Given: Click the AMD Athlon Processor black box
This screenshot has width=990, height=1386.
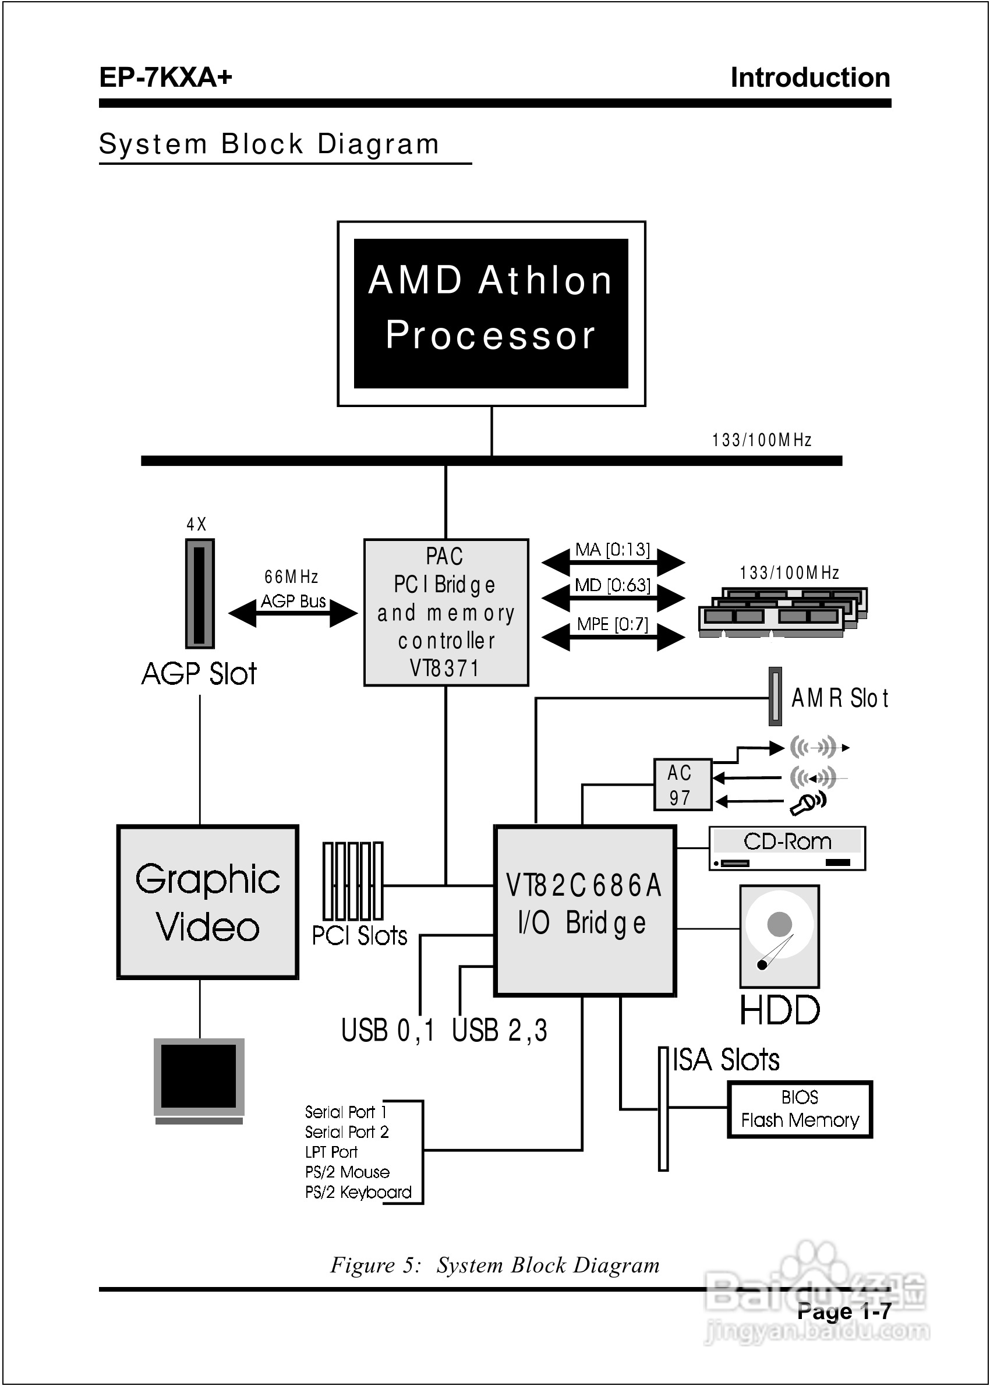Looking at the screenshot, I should pos(491,313).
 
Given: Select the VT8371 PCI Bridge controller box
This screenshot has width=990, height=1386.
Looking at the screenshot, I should pos(446,612).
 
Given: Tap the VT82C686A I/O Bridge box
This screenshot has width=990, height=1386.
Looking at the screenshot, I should pos(585,911).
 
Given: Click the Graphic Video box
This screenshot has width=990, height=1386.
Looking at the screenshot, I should pos(208,902).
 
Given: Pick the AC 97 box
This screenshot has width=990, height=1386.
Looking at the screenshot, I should pos(682,784).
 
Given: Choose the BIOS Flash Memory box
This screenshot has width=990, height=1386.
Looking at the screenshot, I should pos(800,1109).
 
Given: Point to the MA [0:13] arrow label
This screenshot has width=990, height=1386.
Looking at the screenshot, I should pos(613,550).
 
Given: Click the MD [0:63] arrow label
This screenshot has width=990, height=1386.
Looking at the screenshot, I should pos(613,586).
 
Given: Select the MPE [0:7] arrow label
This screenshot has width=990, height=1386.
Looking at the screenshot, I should pos(613,624).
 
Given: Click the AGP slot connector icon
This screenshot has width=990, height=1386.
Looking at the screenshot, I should pos(199,593).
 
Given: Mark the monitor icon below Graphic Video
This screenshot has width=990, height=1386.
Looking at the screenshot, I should pos(199,1080).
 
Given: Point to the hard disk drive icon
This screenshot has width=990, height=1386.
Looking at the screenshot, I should pos(779,936).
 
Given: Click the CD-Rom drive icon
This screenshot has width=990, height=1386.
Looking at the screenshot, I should pos(787,848).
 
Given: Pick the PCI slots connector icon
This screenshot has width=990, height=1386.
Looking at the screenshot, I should pos(353,881).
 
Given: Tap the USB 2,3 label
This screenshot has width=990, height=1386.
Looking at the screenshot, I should pos(499,1031).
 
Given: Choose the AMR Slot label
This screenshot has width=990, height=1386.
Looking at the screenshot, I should pos(839,698).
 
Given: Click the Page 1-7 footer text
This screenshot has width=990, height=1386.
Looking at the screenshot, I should pos(844,1311).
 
